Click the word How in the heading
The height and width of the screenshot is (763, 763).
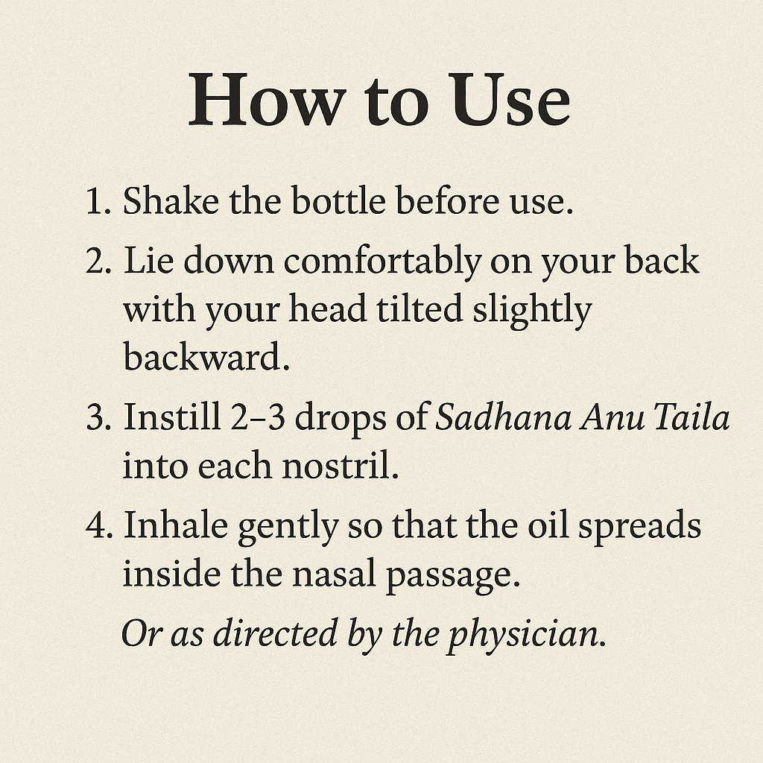tap(267, 100)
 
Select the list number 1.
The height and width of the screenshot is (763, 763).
tap(98, 200)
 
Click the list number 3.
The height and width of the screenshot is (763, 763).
tap(99, 417)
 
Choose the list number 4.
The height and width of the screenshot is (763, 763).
tap(99, 525)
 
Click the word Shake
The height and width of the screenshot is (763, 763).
tap(171, 200)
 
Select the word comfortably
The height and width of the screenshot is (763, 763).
tap(382, 263)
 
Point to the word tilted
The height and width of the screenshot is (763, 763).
tap(420, 309)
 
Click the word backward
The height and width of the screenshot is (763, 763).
tap(206, 356)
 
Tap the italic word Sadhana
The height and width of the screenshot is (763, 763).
tap(503, 417)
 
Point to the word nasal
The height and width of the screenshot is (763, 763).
tap(335, 573)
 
